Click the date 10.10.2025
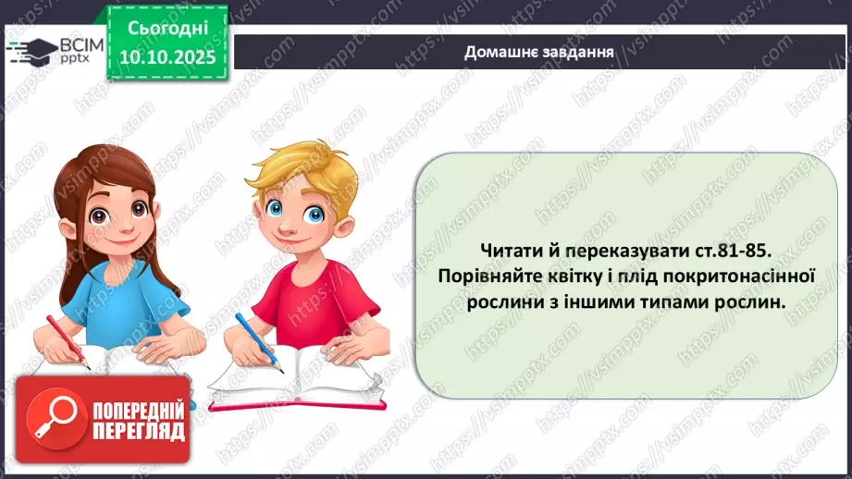pos(168,55)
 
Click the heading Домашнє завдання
pos(539,50)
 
